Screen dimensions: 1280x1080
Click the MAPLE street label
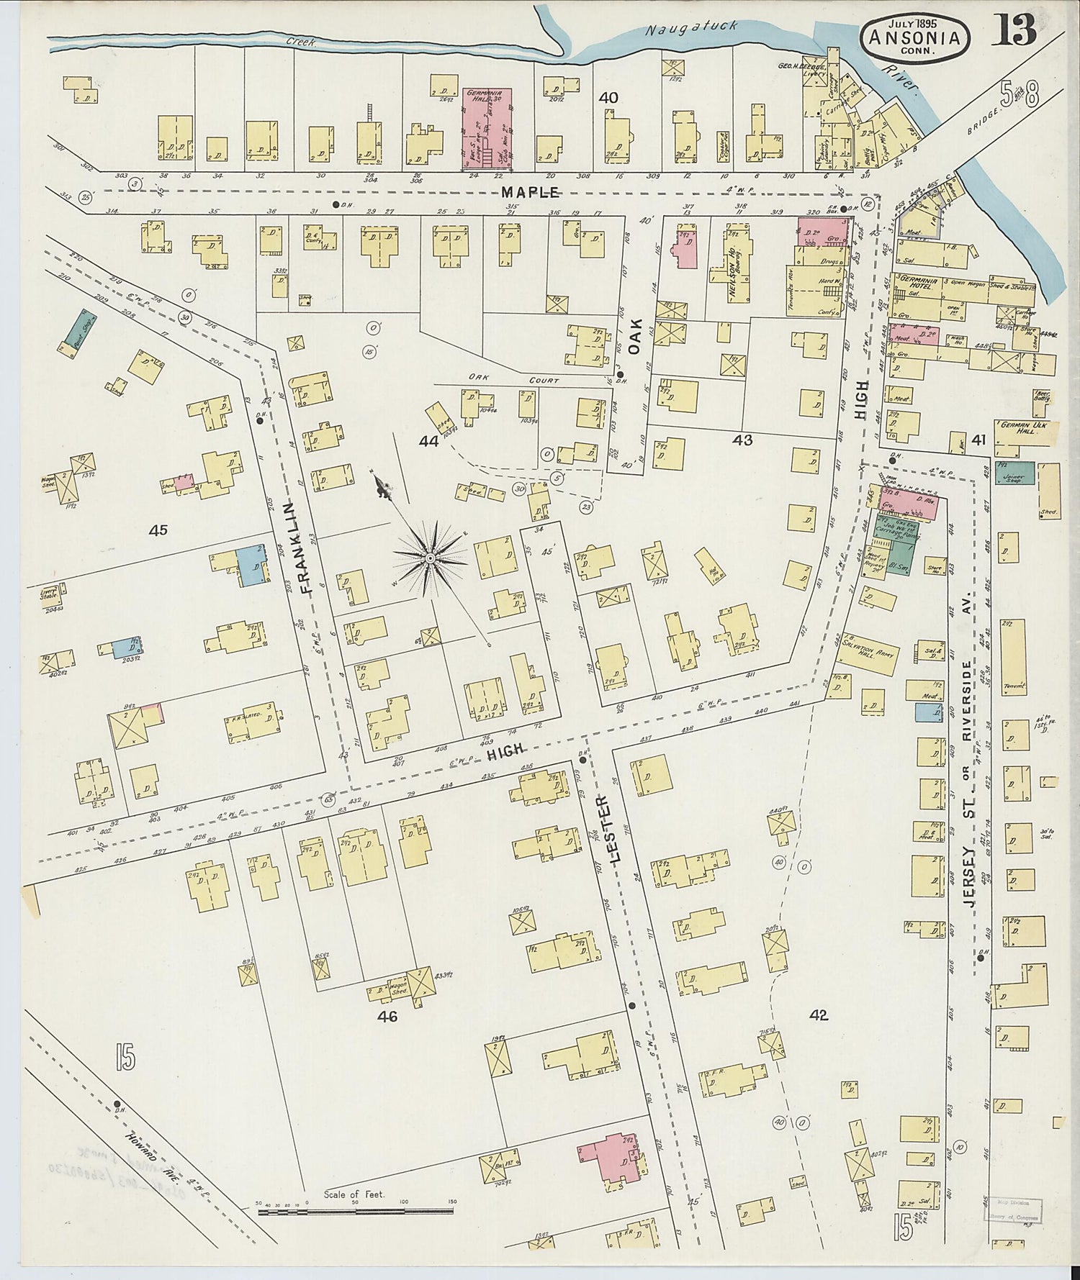[x=531, y=192]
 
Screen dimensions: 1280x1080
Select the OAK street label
[x=634, y=336]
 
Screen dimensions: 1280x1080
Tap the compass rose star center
[x=430, y=558]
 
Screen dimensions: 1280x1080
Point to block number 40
[x=608, y=98]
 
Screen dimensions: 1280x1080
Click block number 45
[x=158, y=530]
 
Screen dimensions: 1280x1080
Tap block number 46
[x=387, y=1017]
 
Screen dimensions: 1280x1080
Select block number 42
[x=819, y=1015]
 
